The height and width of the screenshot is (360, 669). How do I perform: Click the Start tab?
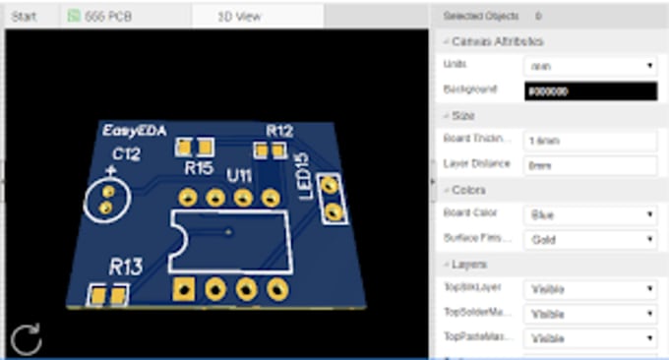coord(24,16)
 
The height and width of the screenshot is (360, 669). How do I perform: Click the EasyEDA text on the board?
coord(130,131)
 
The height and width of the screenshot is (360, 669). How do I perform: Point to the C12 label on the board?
coord(126,154)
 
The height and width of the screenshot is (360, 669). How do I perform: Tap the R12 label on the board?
coord(279,130)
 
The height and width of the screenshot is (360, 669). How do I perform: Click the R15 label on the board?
coord(199,168)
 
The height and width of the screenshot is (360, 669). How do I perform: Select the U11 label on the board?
coord(240,175)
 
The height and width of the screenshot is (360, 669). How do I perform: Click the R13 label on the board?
coord(126,266)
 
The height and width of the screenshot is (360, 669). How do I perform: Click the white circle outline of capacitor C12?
coord(106,200)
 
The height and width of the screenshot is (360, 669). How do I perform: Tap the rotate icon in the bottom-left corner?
coord(26,340)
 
